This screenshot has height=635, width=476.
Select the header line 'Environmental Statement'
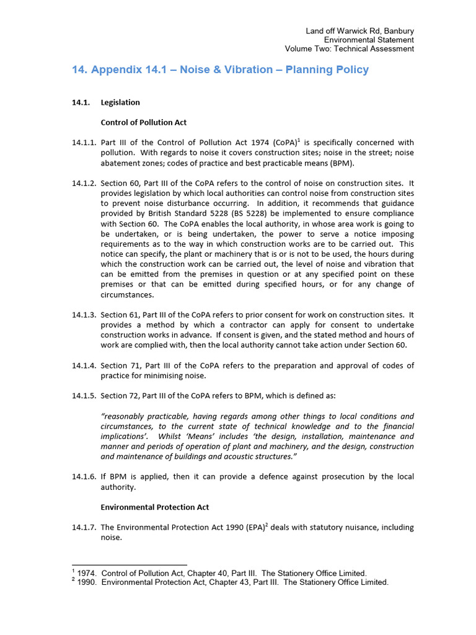[x=369, y=40]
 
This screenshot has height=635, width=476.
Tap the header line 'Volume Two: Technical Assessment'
[x=349, y=49]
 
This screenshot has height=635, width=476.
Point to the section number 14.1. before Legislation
[x=81, y=102]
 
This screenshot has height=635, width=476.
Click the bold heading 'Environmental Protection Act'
[x=155, y=507]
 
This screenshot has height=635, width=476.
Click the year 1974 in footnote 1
[x=86, y=574]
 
